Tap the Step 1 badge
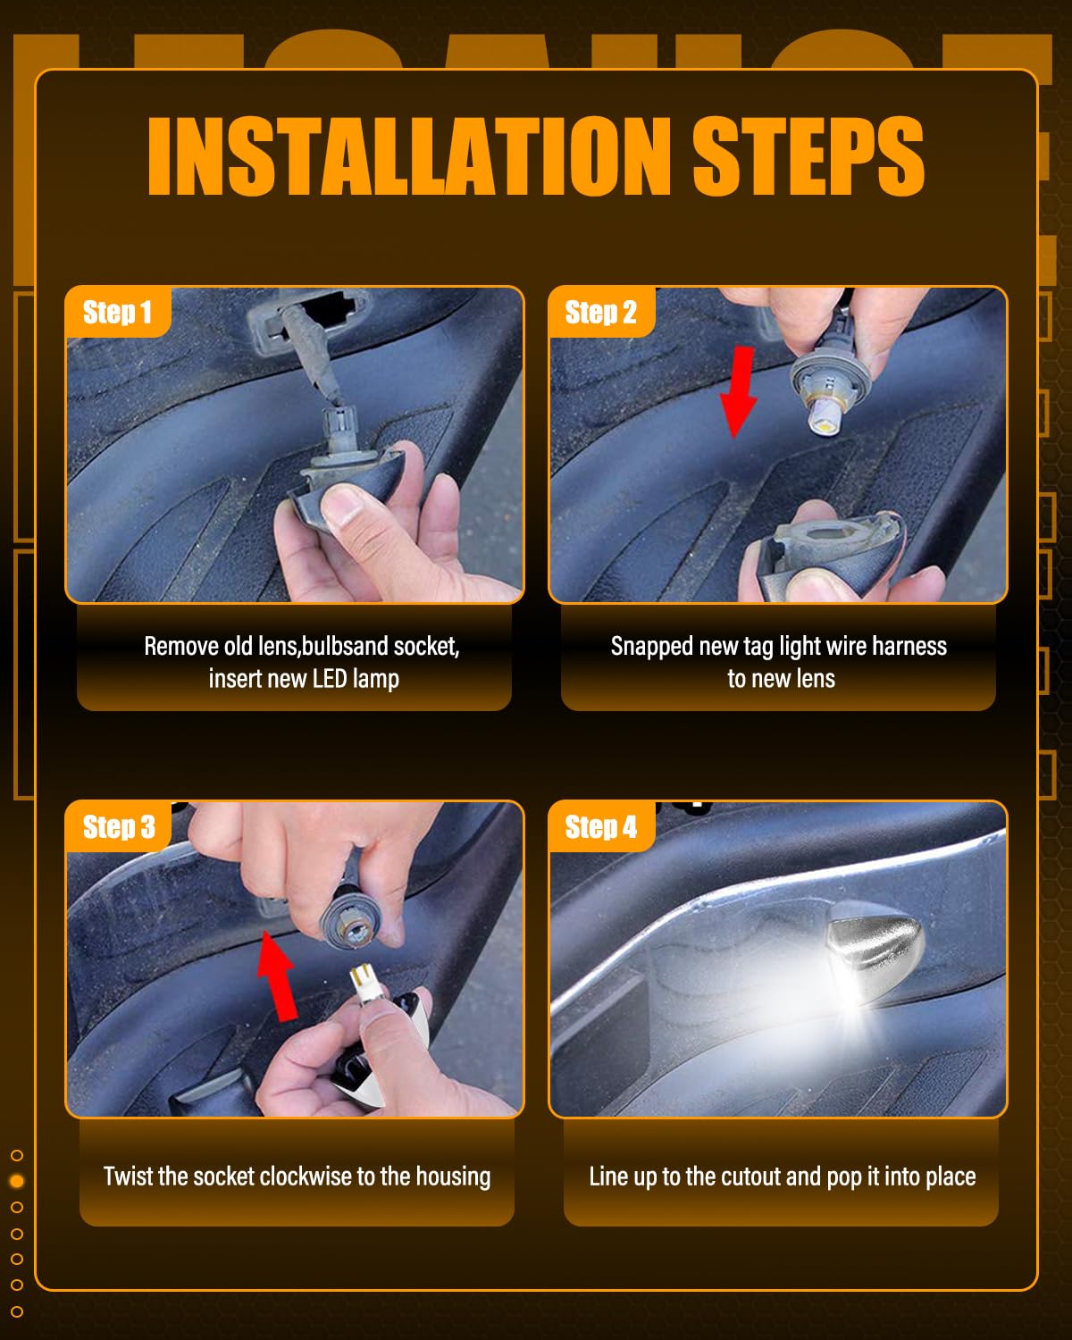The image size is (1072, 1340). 117,312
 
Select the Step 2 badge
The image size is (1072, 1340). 601,312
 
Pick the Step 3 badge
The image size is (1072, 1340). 118,827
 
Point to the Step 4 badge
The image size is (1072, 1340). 601,827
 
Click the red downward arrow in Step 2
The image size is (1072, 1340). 740,392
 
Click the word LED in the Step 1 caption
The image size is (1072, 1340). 330,679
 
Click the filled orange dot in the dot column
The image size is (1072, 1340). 17,1181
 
